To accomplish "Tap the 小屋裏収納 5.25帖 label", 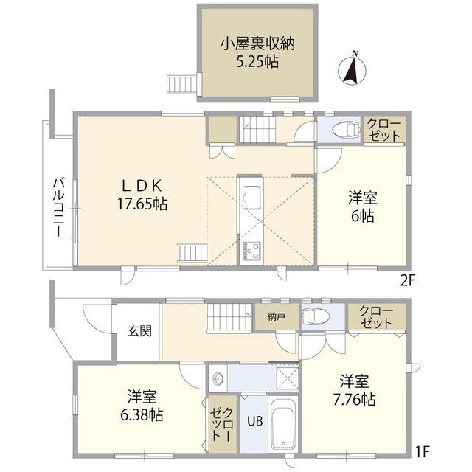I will [257, 52].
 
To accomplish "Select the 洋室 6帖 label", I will [362, 206].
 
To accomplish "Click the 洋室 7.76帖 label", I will [358, 392].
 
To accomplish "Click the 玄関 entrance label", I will [139, 330].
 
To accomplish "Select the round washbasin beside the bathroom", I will [218, 380].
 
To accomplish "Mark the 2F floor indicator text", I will [410, 280].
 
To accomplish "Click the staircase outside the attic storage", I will [181, 84].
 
